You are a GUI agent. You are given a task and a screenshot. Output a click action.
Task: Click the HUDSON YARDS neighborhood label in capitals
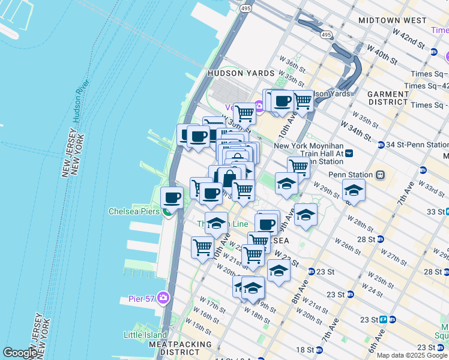[x=234, y=73]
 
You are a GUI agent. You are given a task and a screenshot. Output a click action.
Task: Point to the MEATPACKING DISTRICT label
[x=180, y=349]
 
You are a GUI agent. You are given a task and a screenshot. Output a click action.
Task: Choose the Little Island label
[x=145, y=335]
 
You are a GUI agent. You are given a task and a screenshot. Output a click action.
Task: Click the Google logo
[x=20, y=353]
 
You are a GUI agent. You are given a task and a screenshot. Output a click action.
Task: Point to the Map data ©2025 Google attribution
[x=412, y=355]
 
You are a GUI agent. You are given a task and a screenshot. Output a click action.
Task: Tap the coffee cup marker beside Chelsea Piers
[x=172, y=197]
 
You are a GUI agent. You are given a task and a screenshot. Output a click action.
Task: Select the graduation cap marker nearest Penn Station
[x=354, y=190]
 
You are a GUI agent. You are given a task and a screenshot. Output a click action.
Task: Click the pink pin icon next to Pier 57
[x=164, y=298]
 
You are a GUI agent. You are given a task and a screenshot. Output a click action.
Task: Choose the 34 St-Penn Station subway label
[x=417, y=145]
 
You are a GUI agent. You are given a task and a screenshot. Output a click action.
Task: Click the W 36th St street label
[x=292, y=61]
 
